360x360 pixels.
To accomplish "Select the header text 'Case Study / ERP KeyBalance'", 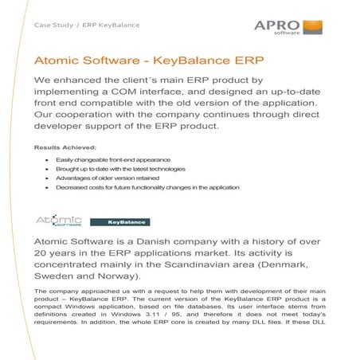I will [x=86, y=25].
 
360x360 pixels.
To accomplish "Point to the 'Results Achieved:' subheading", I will [x=65, y=147].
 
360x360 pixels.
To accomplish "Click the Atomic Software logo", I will [x=60, y=220].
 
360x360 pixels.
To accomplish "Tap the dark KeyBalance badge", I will [x=119, y=221].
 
